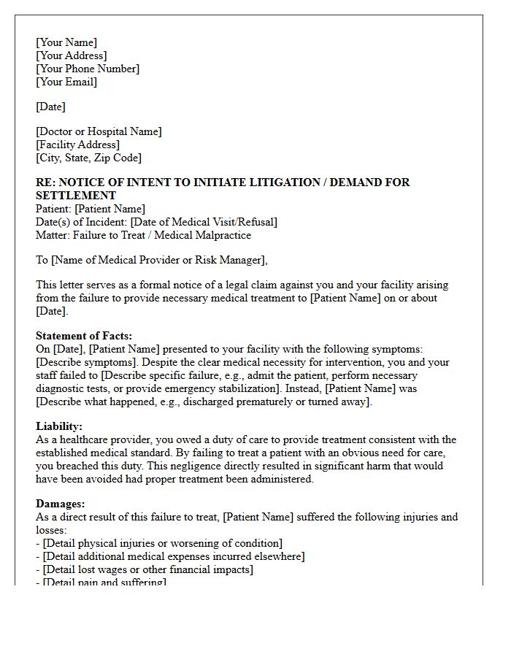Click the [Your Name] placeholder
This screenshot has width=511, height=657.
[66, 42]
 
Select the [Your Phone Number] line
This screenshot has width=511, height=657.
[88, 69]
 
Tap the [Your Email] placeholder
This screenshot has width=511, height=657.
[66, 82]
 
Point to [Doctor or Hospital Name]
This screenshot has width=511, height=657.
[99, 131]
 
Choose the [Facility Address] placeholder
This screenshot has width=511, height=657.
[77, 145]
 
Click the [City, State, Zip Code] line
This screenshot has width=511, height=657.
[88, 158]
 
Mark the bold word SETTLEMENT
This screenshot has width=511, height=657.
[76, 196]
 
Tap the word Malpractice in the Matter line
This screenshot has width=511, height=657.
[222, 235]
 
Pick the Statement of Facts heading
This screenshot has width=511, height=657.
[84, 336]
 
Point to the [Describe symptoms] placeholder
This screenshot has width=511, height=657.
[84, 362]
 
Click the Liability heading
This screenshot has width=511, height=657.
[59, 426]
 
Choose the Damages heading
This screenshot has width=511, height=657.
[61, 504]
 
